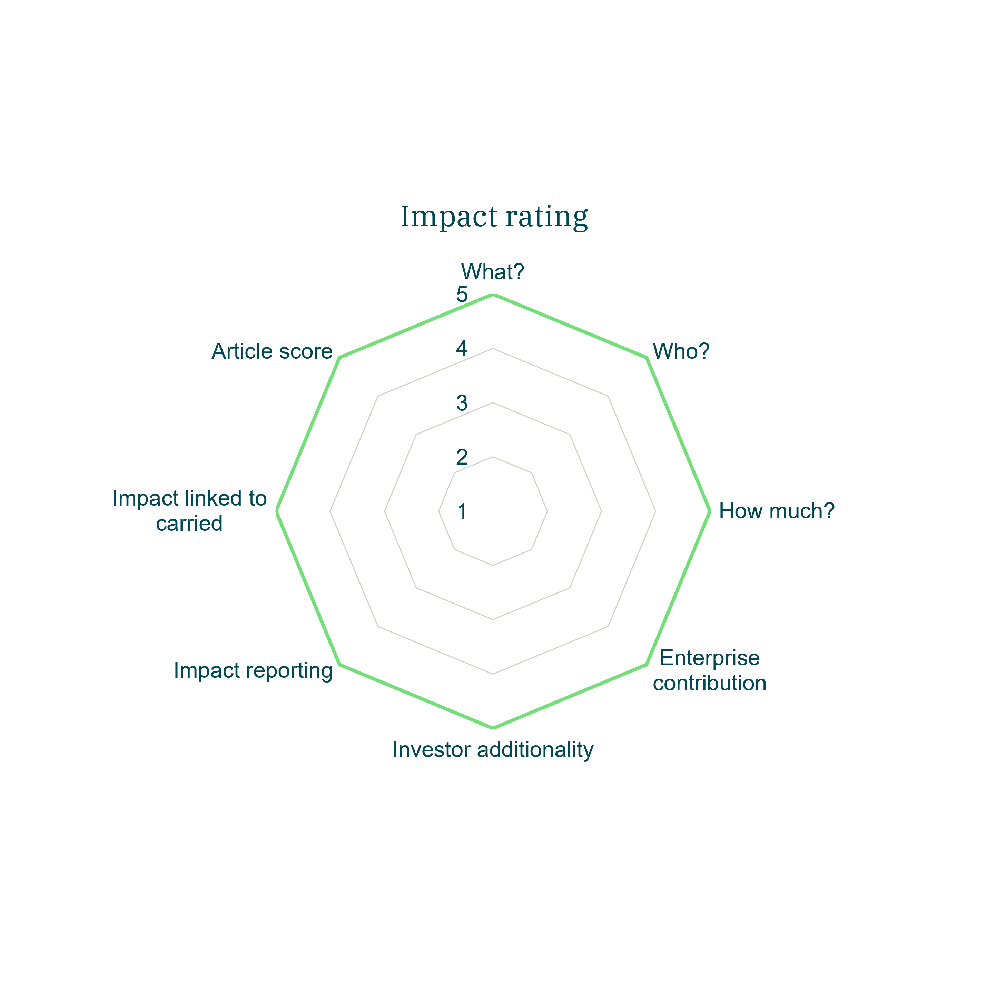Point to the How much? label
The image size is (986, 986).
click(x=777, y=511)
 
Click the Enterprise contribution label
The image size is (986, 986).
click(x=709, y=670)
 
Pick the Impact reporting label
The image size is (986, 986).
click(x=253, y=670)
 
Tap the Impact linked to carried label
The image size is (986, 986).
click(x=189, y=511)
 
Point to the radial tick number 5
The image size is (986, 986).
click(x=462, y=295)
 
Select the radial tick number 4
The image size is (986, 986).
click(x=462, y=349)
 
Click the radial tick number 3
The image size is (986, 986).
click(x=462, y=403)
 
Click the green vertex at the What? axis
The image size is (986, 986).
click(x=493, y=295)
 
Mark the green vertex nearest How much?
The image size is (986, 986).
click(x=709, y=511)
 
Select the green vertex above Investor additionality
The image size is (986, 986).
click(x=493, y=727)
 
